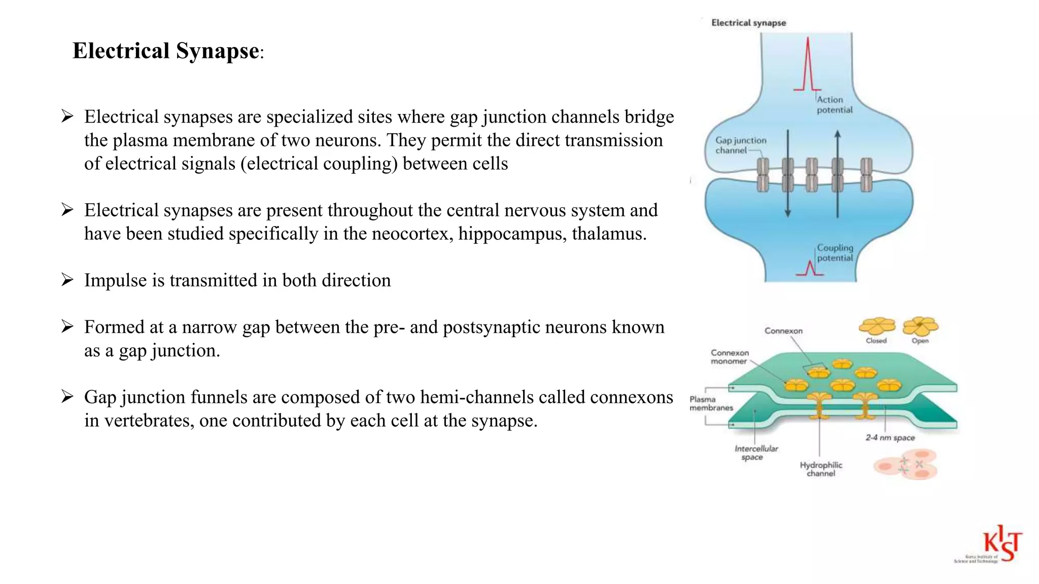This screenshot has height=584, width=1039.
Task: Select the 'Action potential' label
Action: click(835, 105)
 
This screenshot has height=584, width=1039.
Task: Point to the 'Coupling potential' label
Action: click(835, 252)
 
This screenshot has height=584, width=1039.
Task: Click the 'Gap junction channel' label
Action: click(740, 145)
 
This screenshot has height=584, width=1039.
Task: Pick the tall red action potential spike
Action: click(808, 66)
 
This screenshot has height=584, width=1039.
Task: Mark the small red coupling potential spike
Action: click(810, 268)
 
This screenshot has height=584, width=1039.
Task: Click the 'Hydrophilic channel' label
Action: click(821, 469)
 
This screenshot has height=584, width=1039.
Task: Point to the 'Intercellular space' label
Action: click(756, 453)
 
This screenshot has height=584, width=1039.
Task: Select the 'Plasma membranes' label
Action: click(711, 404)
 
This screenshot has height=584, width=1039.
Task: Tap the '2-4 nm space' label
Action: click(890, 437)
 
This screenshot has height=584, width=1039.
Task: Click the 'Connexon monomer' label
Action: click(730, 357)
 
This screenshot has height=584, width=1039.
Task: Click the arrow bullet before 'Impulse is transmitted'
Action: click(67, 280)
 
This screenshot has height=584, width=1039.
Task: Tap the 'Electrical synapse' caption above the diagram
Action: click(748, 23)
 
